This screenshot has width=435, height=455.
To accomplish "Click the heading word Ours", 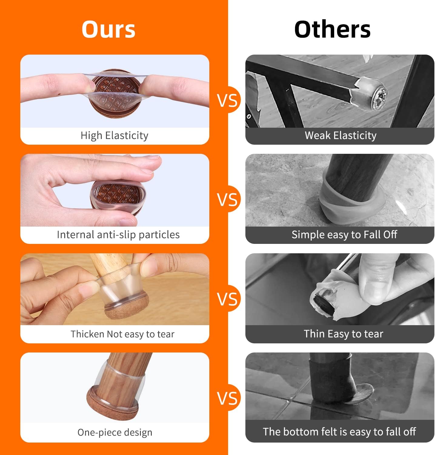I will pos(108,29).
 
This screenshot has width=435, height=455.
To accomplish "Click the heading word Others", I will pos(332,29).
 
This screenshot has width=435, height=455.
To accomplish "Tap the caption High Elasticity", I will pos(115,135).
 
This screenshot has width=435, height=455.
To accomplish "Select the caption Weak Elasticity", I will pos(340,135).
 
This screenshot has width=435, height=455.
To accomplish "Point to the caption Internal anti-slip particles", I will pos(118,234).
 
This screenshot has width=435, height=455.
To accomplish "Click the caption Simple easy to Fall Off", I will pos(344,234).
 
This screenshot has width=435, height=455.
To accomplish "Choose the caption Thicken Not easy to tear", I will pos(122,334).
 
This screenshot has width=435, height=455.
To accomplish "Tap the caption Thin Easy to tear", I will pos(344,334).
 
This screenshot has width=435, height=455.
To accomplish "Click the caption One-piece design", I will pos(115,432).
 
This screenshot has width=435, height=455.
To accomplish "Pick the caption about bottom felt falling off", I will pos(339,432).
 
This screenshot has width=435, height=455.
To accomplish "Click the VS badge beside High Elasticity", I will pos(227,100).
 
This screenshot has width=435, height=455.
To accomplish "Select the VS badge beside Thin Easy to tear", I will pos(227,298).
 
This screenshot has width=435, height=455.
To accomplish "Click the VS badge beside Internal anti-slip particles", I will pos(227,199).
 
